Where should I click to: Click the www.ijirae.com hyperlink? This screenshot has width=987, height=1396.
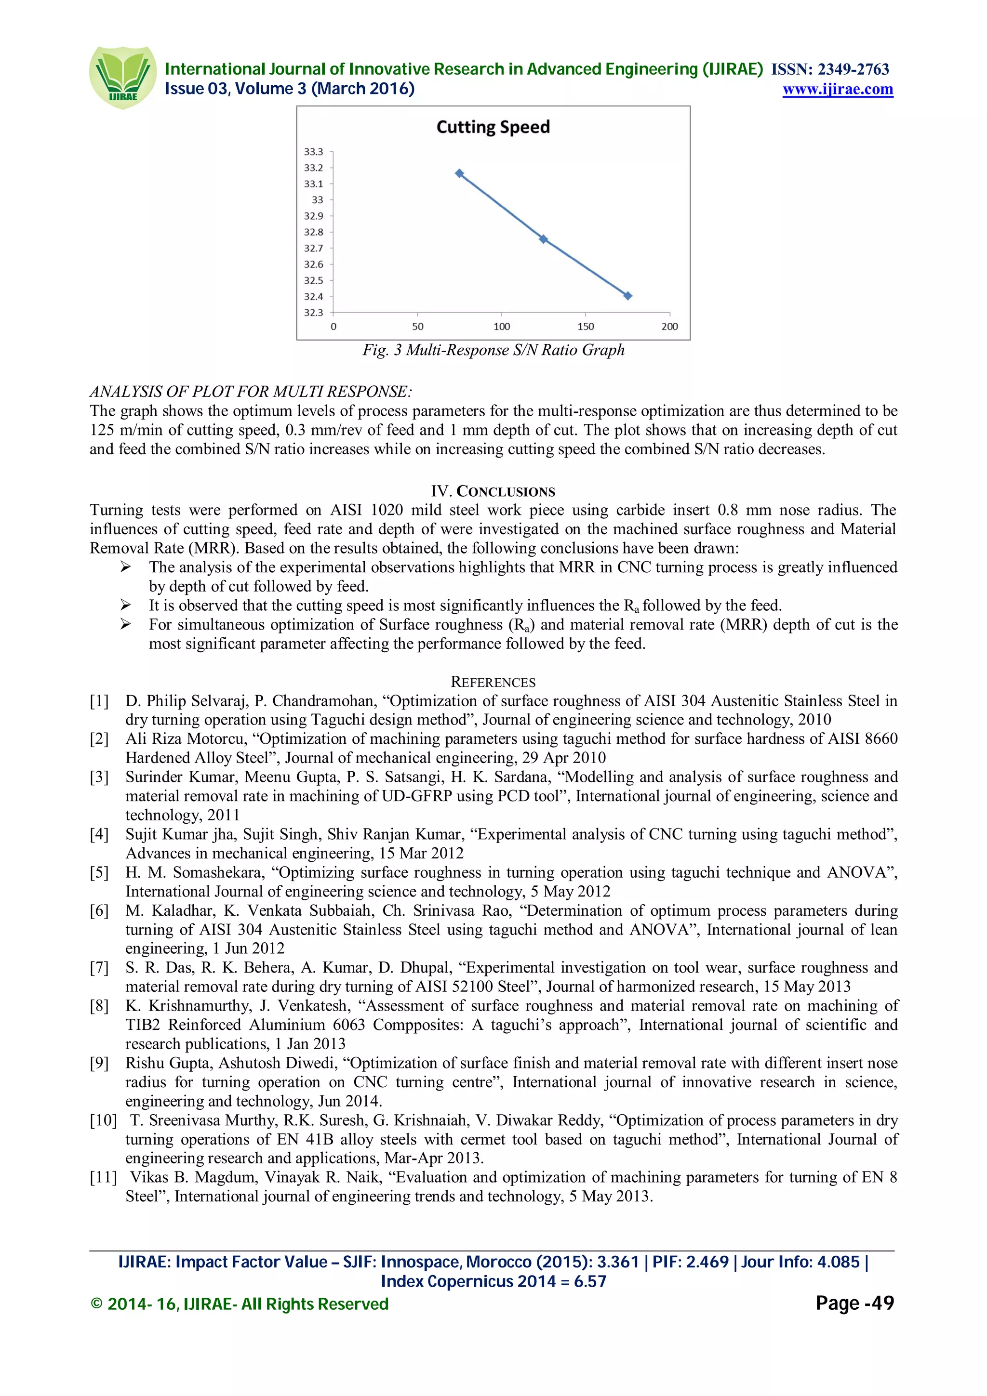(838, 90)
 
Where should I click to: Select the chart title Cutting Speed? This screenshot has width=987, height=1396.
(493, 127)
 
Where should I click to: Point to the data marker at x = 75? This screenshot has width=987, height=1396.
(460, 173)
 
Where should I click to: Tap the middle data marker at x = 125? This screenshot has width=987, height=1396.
(544, 239)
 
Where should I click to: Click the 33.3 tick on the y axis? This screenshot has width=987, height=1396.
(314, 151)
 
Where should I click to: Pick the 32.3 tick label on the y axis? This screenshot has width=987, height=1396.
(314, 313)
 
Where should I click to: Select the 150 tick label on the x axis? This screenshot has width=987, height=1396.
(586, 327)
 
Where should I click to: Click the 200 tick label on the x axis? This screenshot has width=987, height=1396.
(669, 327)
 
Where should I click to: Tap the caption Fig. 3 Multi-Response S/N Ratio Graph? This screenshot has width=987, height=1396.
(493, 350)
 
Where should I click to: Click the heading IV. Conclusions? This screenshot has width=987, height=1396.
(493, 491)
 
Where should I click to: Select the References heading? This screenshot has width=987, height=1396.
(493, 682)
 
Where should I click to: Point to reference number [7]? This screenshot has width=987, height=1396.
(99, 967)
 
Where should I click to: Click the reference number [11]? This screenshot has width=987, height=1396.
(103, 1177)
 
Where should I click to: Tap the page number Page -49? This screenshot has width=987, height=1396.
(854, 1303)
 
